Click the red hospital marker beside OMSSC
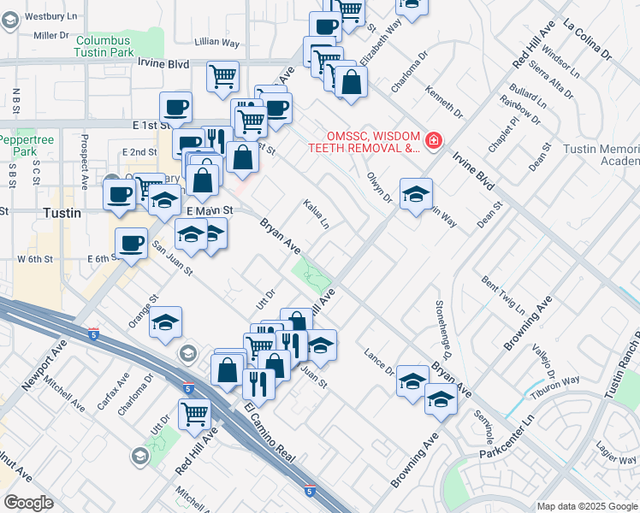[x=434, y=140]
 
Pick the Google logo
[x=28, y=503]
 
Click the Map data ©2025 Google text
[x=587, y=506]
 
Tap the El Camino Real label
[x=270, y=437]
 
